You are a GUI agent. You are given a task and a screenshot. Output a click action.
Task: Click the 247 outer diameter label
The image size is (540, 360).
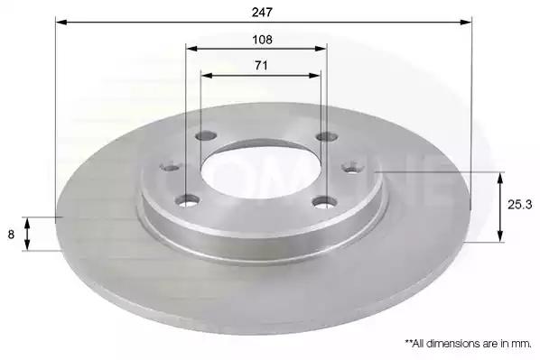pos(262,13)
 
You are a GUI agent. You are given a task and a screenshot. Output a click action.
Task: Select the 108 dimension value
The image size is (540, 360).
pos(262,40)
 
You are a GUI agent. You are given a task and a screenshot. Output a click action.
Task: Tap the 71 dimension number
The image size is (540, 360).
pos(261,65)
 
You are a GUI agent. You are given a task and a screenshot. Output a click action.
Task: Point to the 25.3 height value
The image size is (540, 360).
pos(519,205)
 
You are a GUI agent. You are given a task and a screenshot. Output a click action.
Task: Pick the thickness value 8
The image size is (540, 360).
pos(11,235)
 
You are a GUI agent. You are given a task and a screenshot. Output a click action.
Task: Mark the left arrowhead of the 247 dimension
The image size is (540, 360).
pos(61,23)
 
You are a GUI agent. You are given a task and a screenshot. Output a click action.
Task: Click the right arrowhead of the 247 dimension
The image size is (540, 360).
pos(466,23)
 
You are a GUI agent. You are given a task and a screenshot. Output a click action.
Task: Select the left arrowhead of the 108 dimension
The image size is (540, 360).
pos(191,49)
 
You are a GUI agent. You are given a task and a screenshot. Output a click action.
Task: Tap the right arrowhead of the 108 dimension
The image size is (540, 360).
pos(321,49)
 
